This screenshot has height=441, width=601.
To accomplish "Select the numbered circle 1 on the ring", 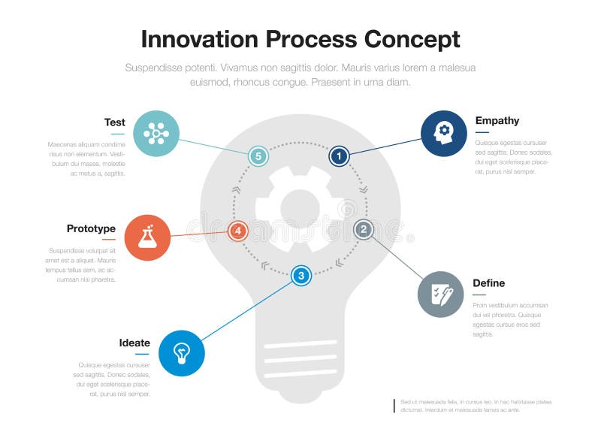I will [339, 156].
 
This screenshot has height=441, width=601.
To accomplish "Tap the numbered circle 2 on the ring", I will [364, 229].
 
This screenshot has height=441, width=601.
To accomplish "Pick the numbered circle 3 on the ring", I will [301, 276].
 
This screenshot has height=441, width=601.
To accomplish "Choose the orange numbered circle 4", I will [237, 231].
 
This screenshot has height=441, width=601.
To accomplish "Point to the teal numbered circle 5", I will [258, 156].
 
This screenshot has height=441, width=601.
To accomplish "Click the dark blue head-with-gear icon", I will [443, 133].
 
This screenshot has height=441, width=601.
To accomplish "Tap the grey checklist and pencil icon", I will [440, 295].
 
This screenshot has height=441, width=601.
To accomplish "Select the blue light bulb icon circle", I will [182, 352].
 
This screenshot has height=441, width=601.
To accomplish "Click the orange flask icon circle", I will [147, 237].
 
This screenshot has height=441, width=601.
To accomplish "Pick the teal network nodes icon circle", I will [156, 134].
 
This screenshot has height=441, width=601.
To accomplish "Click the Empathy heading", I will [497, 120].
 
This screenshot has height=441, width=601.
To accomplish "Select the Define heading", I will [488, 283].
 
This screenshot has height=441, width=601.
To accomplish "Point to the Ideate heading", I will [134, 343].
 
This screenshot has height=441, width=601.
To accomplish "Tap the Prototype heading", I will [91, 228].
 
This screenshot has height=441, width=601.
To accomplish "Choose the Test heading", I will [114, 122].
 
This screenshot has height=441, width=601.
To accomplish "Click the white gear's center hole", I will [300, 209].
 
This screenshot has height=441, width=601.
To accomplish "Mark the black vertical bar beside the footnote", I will [394, 406].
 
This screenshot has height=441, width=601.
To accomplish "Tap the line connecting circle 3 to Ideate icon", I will [248, 310].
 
